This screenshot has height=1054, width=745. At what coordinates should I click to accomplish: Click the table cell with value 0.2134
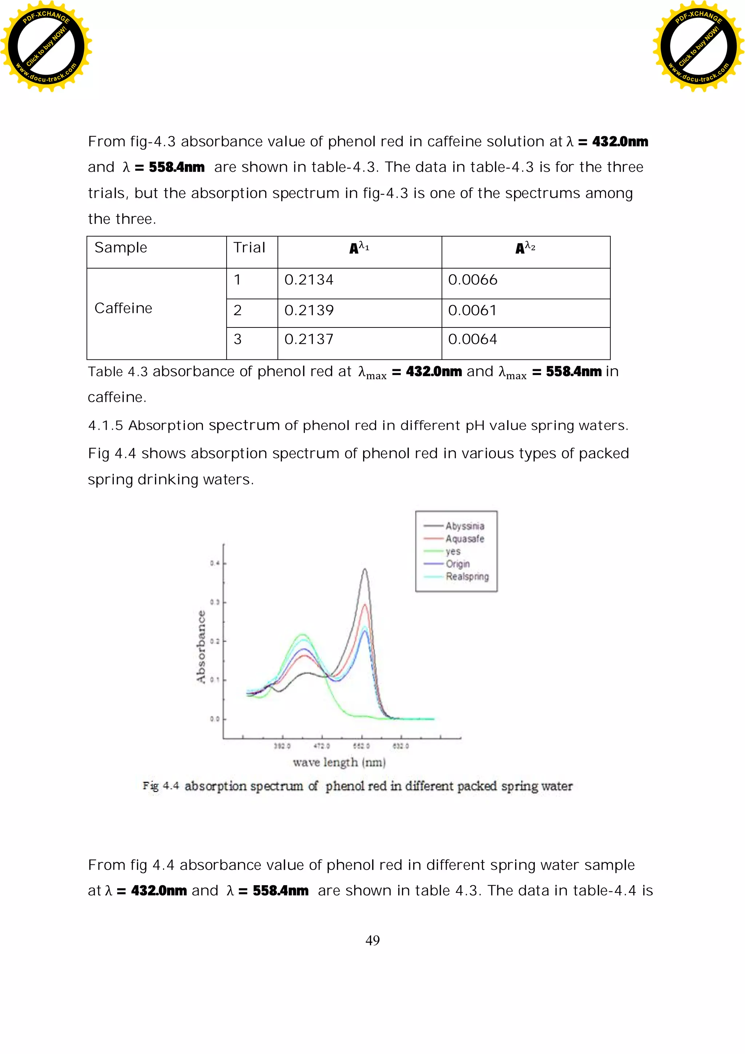click(x=308, y=279)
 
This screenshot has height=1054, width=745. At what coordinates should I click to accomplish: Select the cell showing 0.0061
click(x=472, y=310)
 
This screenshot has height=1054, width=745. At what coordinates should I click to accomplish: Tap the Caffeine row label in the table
click(x=123, y=308)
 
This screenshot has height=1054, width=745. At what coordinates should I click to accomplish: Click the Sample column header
click(x=121, y=247)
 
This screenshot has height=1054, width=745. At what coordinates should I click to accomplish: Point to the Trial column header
click(x=249, y=247)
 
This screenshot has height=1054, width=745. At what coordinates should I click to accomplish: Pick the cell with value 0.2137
click(x=308, y=339)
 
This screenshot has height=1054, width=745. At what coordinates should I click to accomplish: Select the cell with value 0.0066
click(x=472, y=279)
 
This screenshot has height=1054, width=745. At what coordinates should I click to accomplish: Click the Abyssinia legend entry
click(x=464, y=526)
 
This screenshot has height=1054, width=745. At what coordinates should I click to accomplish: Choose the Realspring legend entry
click(x=467, y=577)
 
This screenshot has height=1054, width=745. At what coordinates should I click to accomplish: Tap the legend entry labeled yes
click(x=453, y=551)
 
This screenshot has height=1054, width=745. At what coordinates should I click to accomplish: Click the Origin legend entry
click(x=458, y=564)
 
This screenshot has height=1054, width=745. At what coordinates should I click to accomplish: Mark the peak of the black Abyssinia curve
click(x=364, y=569)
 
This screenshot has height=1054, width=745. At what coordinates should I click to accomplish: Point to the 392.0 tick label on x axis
click(x=282, y=746)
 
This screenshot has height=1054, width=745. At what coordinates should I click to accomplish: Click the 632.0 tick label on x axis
click(x=400, y=746)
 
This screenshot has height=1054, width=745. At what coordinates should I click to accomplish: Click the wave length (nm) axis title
click(x=339, y=763)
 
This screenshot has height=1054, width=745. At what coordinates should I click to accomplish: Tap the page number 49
click(x=372, y=940)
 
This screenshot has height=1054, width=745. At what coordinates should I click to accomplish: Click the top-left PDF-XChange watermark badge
click(x=46, y=46)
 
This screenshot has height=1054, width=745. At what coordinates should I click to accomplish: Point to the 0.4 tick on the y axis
click(x=215, y=563)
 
